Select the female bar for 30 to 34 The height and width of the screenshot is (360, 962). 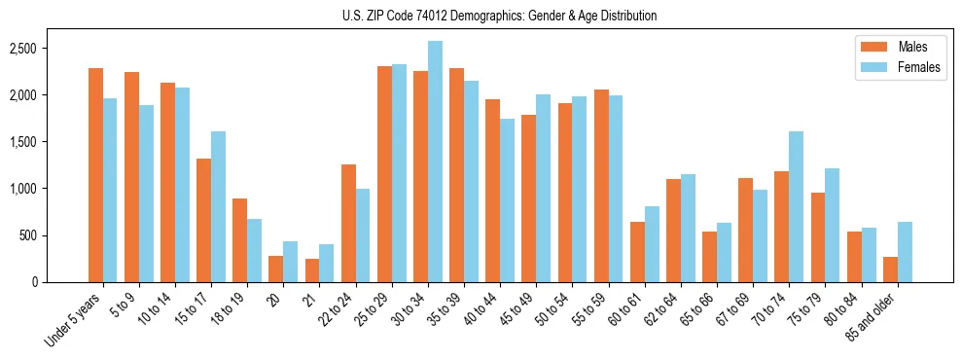[x=435, y=162]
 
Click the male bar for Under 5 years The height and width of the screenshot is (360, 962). [x=95, y=175]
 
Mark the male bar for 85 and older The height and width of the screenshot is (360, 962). [x=889, y=270]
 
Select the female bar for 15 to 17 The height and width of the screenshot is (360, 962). [x=218, y=206]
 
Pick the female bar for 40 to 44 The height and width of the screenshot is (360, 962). [x=507, y=200]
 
